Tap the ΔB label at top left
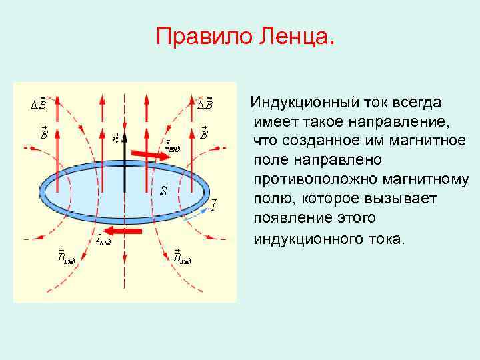[x=39, y=104]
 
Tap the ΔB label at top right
[x=205, y=104]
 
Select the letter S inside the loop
[x=163, y=191]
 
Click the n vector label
[x=115, y=139]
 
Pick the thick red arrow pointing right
[x=151, y=155]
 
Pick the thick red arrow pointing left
[x=125, y=231]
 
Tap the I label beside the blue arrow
[x=213, y=205]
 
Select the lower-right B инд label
[x=181, y=256]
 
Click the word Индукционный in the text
[x=304, y=103]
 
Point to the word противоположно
[x=313, y=180]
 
